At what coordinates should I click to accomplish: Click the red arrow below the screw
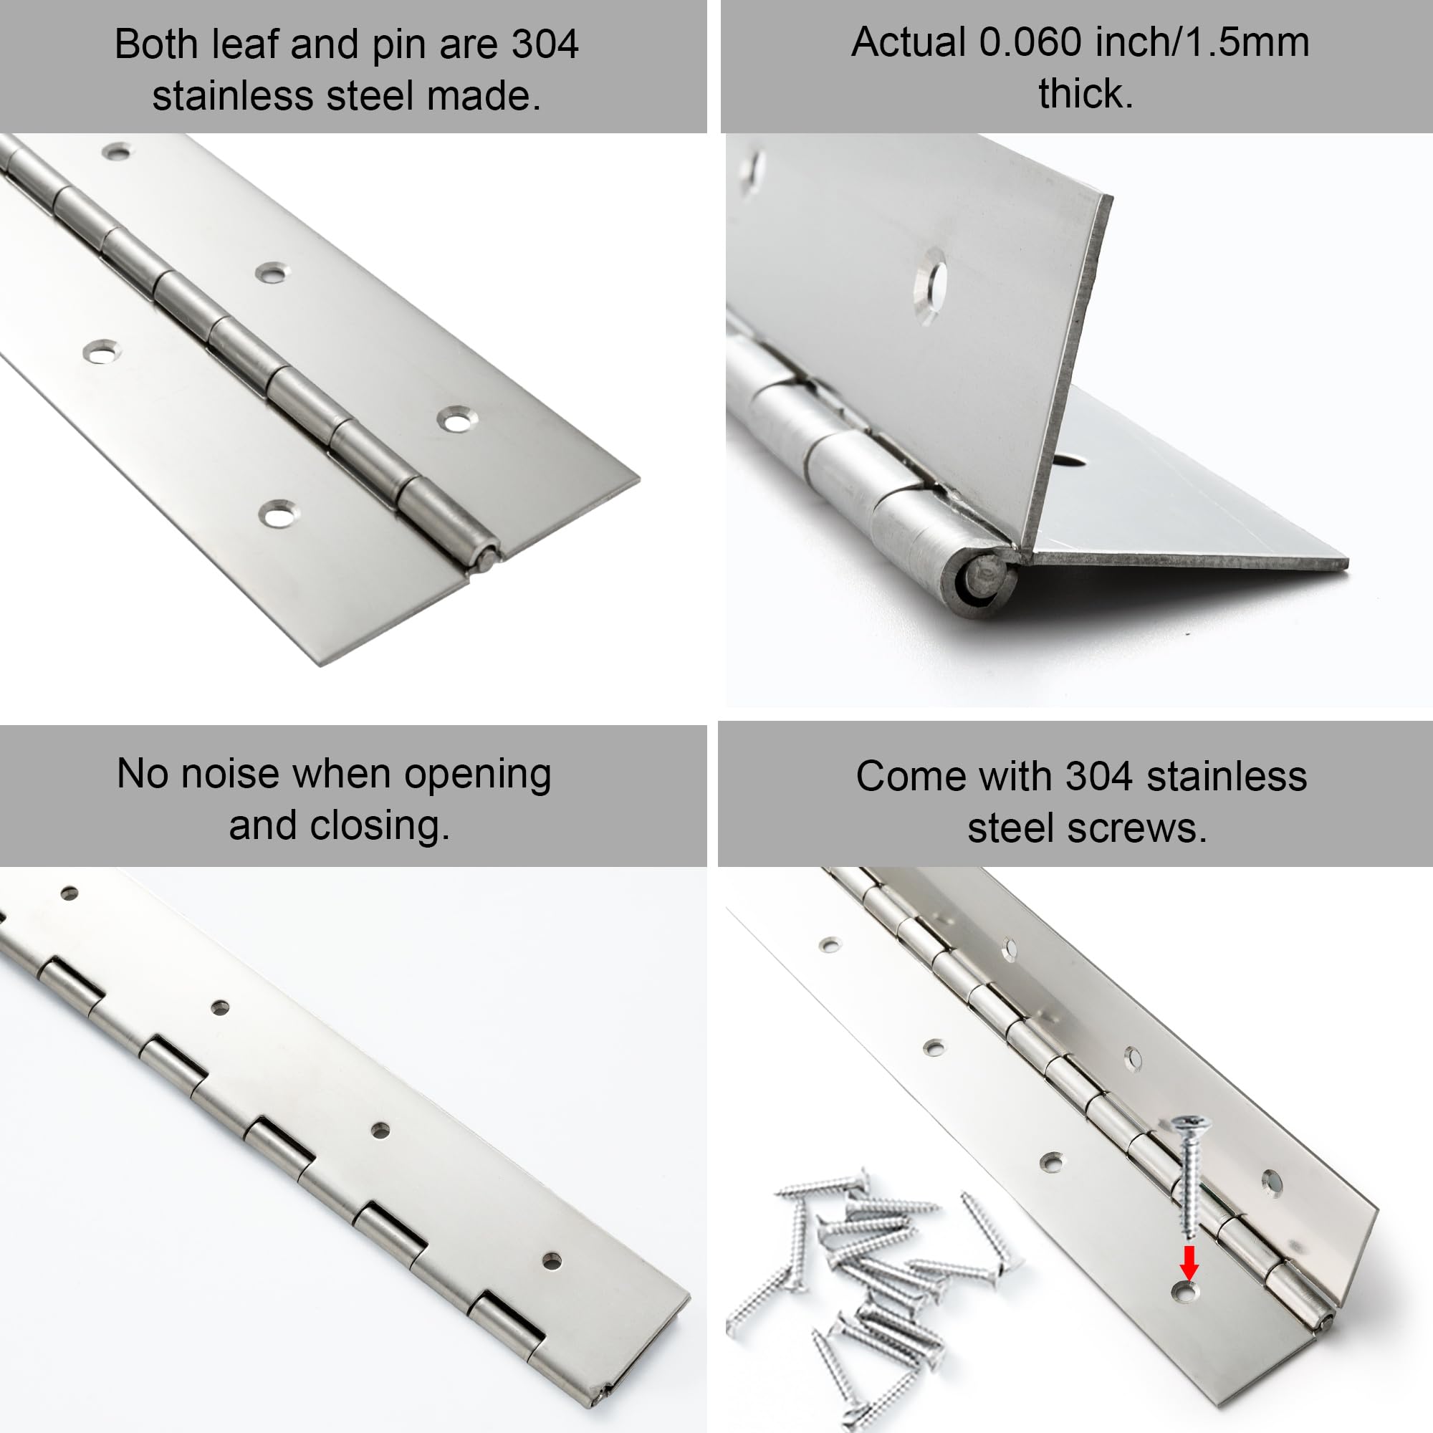coord(1189,1262)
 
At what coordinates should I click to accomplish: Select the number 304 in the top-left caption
coord(545,44)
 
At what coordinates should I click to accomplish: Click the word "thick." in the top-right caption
coord(1085,94)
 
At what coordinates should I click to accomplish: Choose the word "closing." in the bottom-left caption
coord(380,825)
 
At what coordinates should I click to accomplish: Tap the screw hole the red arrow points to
coord(1185,1293)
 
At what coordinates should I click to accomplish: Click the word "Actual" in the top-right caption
coord(908,42)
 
